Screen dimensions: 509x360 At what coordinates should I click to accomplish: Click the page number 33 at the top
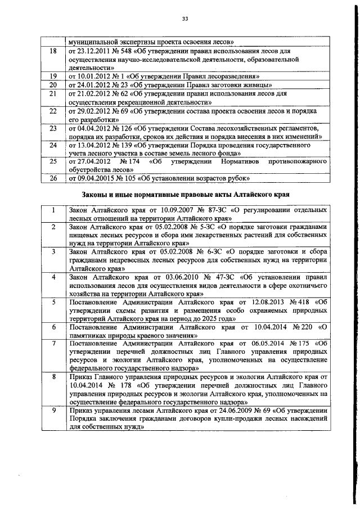click(x=184, y=19)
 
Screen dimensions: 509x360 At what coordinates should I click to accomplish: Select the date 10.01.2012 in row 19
click(x=89, y=75)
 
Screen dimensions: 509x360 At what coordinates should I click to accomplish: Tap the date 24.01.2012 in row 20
click(x=89, y=84)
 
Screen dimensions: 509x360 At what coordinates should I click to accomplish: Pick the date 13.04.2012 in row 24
click(x=89, y=145)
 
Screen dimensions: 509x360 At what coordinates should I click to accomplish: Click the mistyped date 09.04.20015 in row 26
click(x=91, y=178)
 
